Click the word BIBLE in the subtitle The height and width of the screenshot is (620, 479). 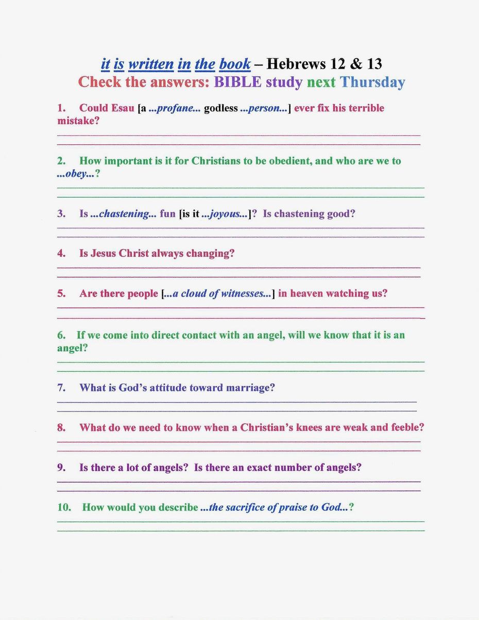[x=238, y=82]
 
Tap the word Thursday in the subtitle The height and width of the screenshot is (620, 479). [x=372, y=82]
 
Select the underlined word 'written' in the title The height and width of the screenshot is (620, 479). [x=150, y=64]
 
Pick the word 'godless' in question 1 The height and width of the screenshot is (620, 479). [x=221, y=108]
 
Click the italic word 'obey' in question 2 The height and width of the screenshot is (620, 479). [x=76, y=174]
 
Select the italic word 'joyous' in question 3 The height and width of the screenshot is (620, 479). [x=225, y=214]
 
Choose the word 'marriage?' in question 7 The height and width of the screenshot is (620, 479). [x=249, y=388]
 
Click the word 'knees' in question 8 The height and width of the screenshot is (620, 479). [x=309, y=427]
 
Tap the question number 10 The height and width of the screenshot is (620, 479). [x=64, y=507]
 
